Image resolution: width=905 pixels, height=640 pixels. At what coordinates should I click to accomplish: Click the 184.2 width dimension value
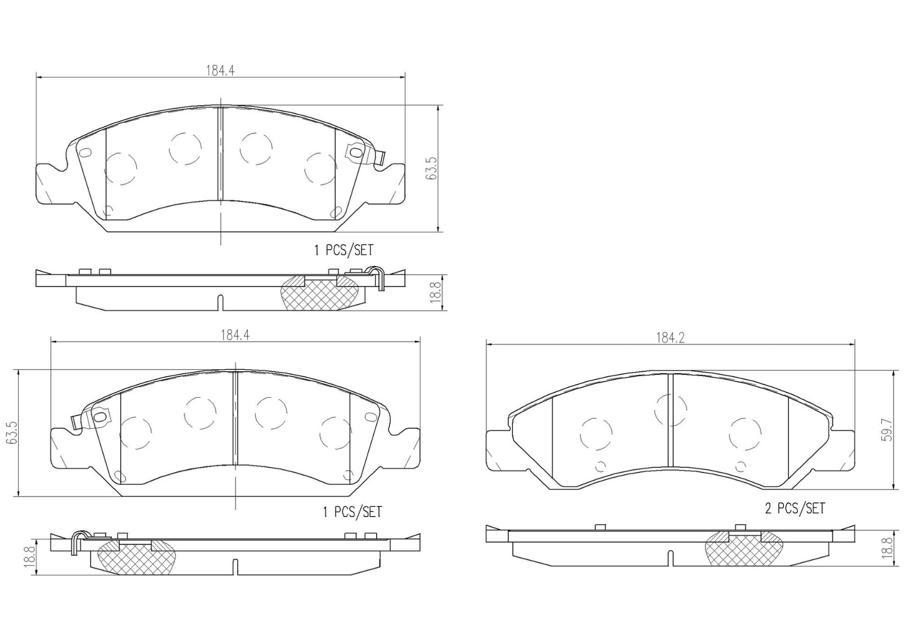670,338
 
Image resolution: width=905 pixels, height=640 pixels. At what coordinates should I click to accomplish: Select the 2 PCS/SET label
795,508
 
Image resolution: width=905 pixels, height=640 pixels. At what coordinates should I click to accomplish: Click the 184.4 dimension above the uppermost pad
220,70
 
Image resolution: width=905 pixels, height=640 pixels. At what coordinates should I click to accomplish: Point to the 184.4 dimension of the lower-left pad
235,335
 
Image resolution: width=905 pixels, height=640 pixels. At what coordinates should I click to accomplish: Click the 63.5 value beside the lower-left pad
12,432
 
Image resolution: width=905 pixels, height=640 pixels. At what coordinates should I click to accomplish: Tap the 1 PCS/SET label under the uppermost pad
344,250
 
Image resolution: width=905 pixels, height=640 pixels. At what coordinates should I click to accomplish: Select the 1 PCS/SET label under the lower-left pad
352,512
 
